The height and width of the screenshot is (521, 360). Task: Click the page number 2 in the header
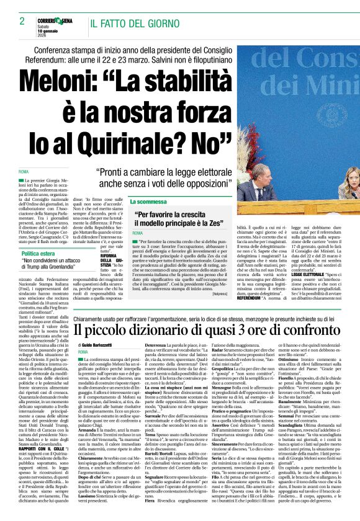point(13,22)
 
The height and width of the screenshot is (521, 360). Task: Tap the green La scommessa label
point(148,202)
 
